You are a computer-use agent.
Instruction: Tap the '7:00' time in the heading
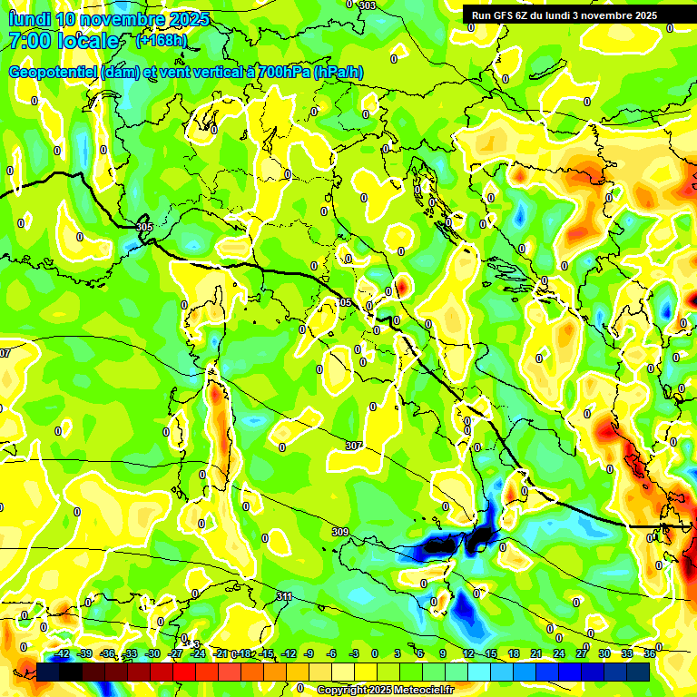pos(26,41)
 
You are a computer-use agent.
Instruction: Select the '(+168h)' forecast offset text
pos(162,41)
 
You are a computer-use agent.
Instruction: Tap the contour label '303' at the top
pos(367,6)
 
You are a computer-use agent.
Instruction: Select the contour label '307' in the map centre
pos(354,446)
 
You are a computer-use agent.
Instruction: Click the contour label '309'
pos(339,532)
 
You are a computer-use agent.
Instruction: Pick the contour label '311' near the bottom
pos(284,596)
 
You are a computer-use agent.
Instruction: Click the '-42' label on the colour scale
pos(62,653)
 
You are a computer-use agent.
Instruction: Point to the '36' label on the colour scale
pos(650,653)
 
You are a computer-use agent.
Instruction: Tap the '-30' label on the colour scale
pos(152,653)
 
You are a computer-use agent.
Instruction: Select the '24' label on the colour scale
pos(559,653)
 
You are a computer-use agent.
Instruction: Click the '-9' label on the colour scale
pos(309,653)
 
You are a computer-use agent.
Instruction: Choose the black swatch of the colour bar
pos(71,672)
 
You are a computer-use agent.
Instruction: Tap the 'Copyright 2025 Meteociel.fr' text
pos(385,690)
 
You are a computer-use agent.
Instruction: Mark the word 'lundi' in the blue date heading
pos(28,19)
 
